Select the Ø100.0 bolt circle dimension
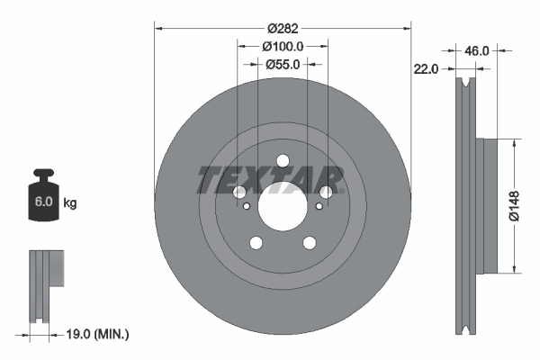[x=283, y=45]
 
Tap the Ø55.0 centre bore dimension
[x=283, y=64]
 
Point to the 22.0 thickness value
[x=427, y=69]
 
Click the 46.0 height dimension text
[x=476, y=51]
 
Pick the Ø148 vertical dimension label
[x=512, y=205]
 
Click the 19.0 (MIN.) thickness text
[x=98, y=334]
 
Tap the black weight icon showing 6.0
[x=43, y=193]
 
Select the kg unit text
[x=69, y=203]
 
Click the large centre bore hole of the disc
[x=283, y=204]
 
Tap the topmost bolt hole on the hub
[x=283, y=161]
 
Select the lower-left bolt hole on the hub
[x=256, y=242]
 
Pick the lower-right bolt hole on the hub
[x=309, y=242]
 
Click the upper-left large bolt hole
[x=240, y=192]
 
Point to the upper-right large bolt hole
[x=325, y=192]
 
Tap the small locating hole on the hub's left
[x=245, y=206]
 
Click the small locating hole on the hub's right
[x=319, y=206]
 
